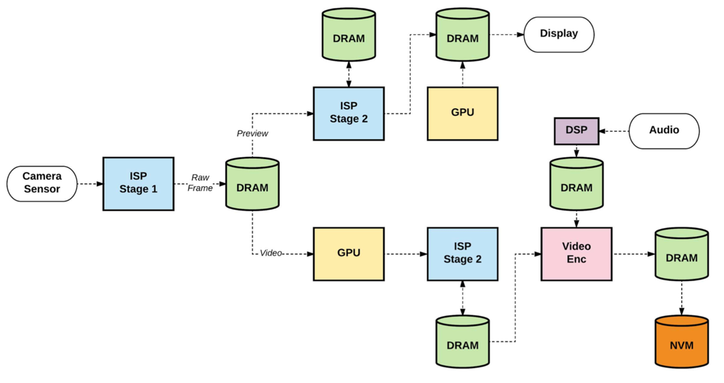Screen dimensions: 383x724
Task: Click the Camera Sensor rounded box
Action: click(42, 183)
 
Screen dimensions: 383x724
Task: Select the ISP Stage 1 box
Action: click(138, 183)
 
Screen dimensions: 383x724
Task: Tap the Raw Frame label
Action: click(200, 183)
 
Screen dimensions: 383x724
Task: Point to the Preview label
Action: click(252, 133)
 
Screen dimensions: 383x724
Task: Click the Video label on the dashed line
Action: click(271, 253)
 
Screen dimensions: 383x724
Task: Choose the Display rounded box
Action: click(559, 34)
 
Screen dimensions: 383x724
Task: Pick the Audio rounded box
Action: click(663, 131)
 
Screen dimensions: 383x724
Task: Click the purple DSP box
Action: click(576, 131)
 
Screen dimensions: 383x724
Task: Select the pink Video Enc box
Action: click(576, 253)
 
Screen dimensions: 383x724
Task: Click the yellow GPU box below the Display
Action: click(462, 113)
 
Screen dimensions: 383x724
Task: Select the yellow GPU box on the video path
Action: click(348, 253)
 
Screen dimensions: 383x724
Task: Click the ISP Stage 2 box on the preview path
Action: click(348, 113)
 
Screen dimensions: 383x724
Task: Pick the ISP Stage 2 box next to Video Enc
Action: click(462, 253)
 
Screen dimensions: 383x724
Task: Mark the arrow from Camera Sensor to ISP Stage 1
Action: click(90, 184)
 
